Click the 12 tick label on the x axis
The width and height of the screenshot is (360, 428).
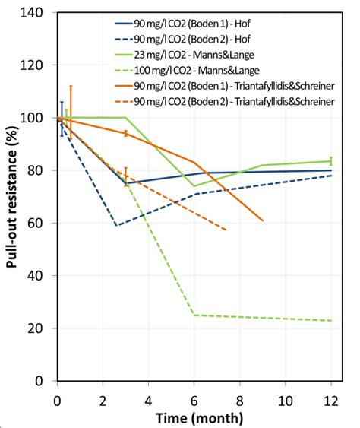pos(330,399)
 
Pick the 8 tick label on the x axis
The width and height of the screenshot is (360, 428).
pos(240,399)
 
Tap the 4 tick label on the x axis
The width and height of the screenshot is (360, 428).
pos(149,399)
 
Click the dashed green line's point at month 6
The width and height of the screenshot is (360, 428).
pos(194,315)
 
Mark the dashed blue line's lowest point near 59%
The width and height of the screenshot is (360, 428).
pos(116,226)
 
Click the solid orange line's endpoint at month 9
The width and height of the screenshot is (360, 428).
pos(263,220)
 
